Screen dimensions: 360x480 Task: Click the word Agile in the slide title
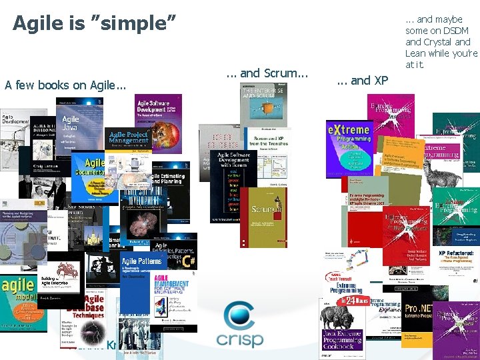coord(37,23)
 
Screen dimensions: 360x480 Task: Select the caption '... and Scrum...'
coord(267,73)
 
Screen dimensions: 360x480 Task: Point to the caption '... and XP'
coord(362,81)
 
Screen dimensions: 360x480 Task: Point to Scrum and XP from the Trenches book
coord(267,150)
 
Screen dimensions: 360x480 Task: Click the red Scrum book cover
coord(263,213)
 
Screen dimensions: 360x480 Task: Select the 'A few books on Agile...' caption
coord(65,85)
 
